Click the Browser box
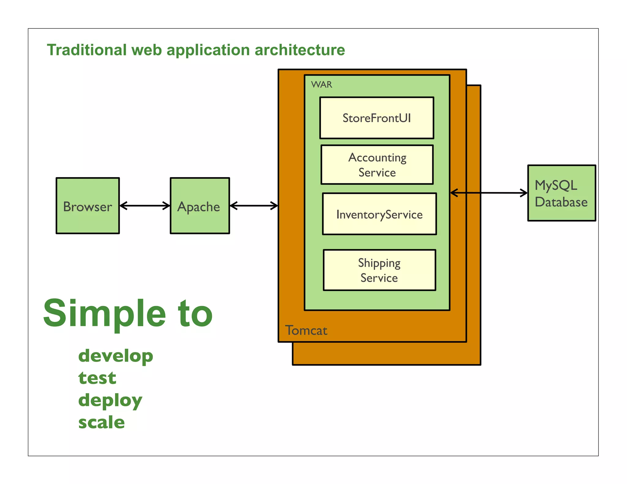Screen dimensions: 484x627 point(88,206)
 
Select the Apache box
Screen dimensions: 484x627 point(200,206)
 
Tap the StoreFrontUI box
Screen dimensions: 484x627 point(377,118)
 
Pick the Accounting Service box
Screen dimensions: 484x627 point(377,165)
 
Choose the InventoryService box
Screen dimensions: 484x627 point(379,214)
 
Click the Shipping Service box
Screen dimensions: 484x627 point(379,270)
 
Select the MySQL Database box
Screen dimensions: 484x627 point(561,193)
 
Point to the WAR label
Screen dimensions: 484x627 point(321,84)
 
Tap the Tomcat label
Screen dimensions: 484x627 point(306,330)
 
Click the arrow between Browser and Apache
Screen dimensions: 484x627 point(145,206)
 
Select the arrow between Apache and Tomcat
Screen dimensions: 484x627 point(253,206)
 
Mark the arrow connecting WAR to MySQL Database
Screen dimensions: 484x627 point(489,193)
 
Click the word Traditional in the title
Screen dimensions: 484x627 point(87,50)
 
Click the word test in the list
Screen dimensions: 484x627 point(97,378)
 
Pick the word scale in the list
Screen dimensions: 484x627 point(101,423)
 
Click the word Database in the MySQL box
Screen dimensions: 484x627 point(561,202)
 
